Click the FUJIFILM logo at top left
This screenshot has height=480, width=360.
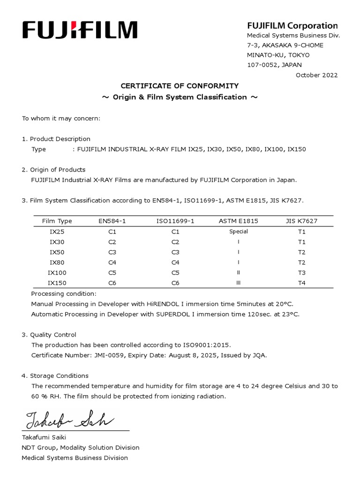pos(80,30)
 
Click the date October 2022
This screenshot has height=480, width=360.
pos(316,75)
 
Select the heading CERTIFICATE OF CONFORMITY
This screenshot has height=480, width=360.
pos(180,86)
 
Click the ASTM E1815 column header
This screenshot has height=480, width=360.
pos(238,221)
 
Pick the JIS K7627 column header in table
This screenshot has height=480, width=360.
pos(301,221)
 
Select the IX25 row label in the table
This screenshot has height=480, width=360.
pos(57,232)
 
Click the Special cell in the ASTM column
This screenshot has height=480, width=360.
pos(239,232)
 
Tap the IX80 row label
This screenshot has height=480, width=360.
pos(57,262)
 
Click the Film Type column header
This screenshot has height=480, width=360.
pos(57,221)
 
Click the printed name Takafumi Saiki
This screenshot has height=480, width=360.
pos(44,437)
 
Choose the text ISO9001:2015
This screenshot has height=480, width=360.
pos(209,345)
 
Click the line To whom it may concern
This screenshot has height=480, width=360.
pos(61,119)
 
